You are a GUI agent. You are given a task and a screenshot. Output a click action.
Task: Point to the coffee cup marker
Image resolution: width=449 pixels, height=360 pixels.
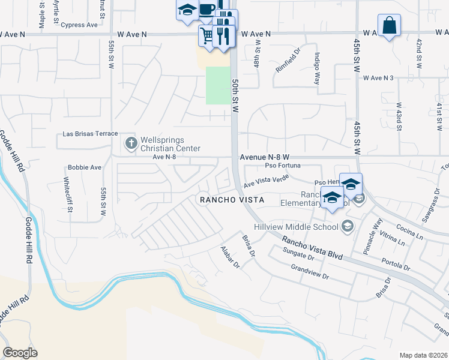pyautogui.click(x=207, y=10)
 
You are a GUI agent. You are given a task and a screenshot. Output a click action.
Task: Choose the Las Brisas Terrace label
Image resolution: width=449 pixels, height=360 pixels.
pyautogui.click(x=90, y=134)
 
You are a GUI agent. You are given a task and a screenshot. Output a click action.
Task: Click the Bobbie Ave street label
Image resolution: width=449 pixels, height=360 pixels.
pyautogui.click(x=85, y=167)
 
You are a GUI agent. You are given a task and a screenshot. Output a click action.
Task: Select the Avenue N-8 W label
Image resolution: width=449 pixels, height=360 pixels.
pyautogui.click(x=265, y=157)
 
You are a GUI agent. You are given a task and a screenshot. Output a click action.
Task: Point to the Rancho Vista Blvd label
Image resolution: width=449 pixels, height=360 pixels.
pyautogui.click(x=313, y=247)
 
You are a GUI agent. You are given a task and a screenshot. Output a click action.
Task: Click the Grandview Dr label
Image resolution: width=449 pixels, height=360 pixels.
pyautogui.click(x=309, y=272)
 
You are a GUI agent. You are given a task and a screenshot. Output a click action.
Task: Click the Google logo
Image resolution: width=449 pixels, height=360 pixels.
pyautogui.click(x=20, y=353)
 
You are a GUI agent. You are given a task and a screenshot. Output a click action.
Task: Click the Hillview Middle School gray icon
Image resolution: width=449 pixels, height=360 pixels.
pyautogui.click(x=346, y=226)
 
